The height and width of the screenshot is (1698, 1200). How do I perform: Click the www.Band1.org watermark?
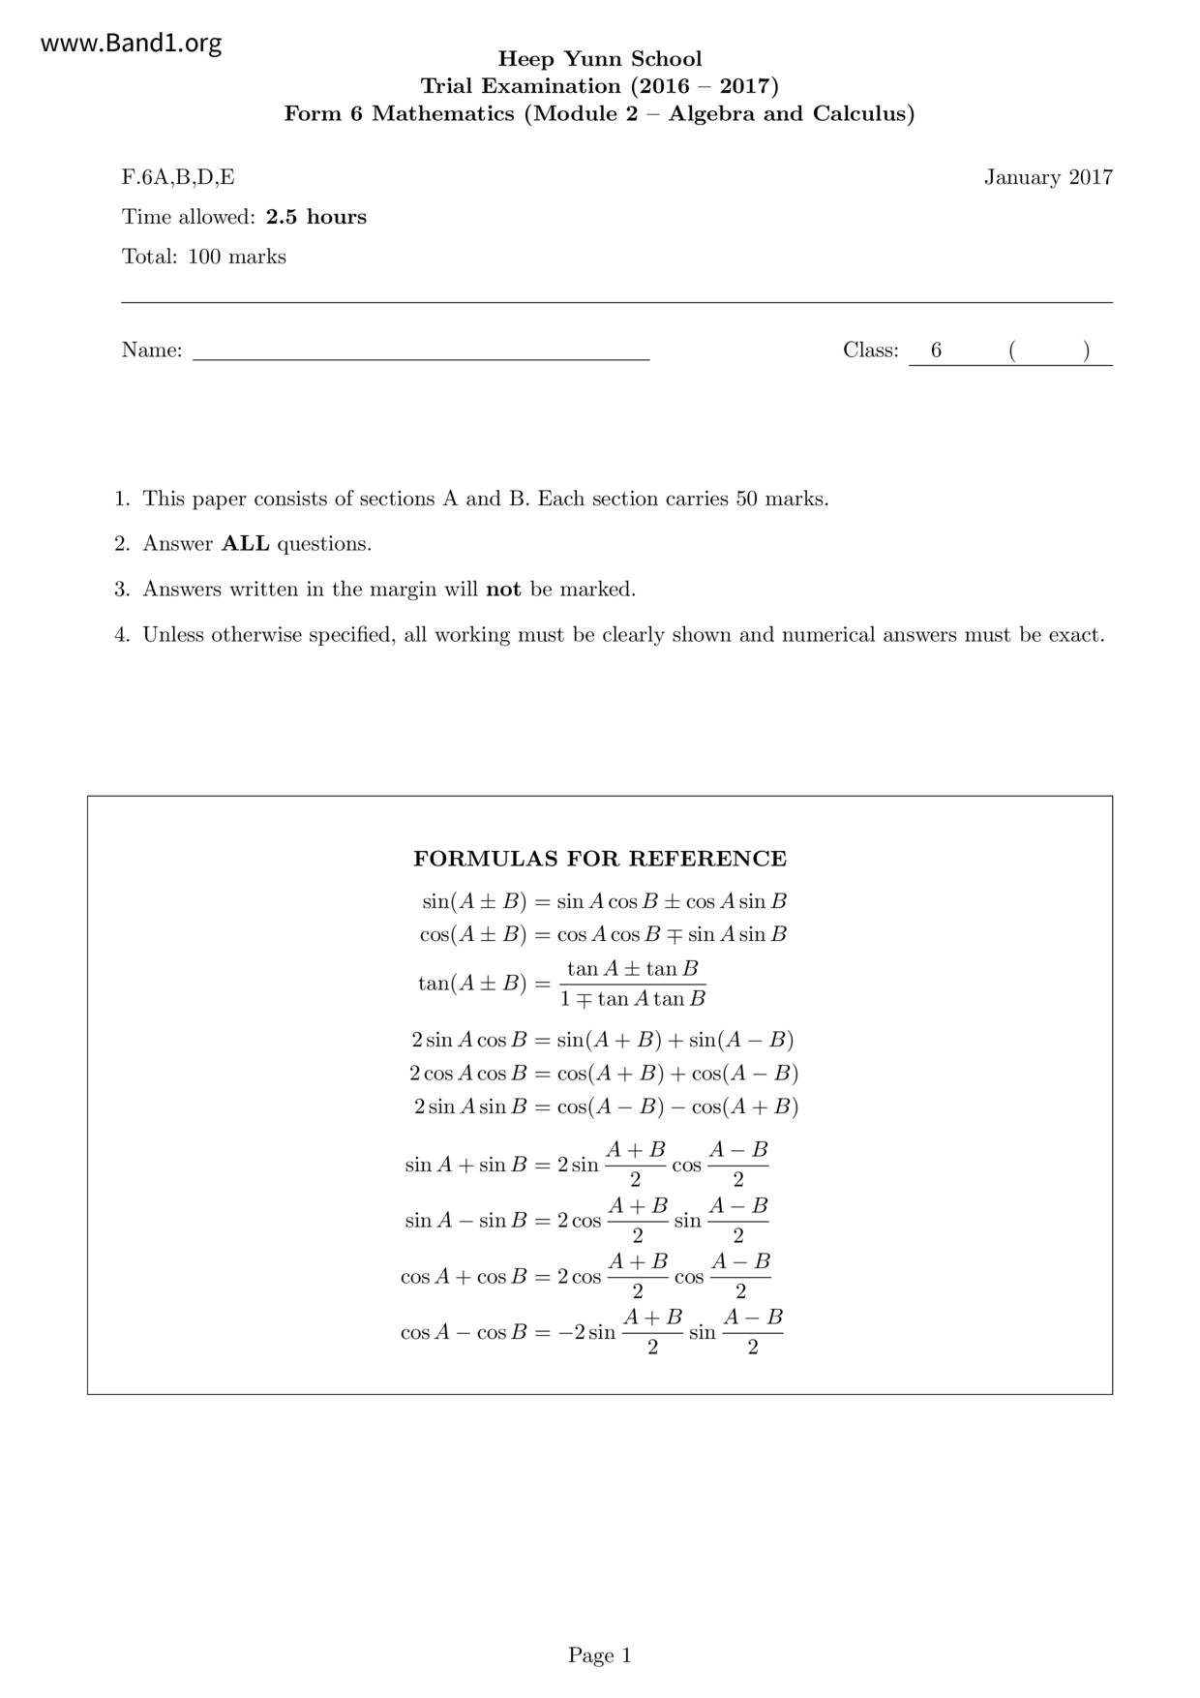[x=132, y=44]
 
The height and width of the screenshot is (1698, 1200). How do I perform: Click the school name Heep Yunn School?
[x=599, y=59]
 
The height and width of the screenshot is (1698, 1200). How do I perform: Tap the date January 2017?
[x=1048, y=177]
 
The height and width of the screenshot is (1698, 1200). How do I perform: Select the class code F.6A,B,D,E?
[x=178, y=177]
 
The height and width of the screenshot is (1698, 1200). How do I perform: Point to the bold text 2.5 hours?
[x=316, y=217]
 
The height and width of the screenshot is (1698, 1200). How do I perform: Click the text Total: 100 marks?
[x=204, y=257]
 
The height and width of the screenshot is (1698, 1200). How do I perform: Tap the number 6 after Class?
[x=936, y=350]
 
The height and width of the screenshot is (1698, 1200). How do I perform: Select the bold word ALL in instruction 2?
[x=246, y=544]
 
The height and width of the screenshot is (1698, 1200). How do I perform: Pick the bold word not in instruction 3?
[x=503, y=590]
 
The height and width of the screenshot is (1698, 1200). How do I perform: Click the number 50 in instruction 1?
[x=747, y=500]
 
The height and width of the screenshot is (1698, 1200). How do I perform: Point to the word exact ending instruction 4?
[x=1075, y=635]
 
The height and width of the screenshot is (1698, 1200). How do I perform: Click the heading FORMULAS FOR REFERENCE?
[x=600, y=859]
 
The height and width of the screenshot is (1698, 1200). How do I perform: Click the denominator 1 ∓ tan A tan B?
[x=633, y=999]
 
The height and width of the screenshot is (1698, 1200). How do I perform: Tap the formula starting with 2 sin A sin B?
[x=606, y=1107]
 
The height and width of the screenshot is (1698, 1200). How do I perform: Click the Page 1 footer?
[x=599, y=1655]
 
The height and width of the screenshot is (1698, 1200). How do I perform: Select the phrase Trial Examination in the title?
[x=521, y=86]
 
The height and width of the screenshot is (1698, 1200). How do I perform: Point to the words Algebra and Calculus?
[x=791, y=113]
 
